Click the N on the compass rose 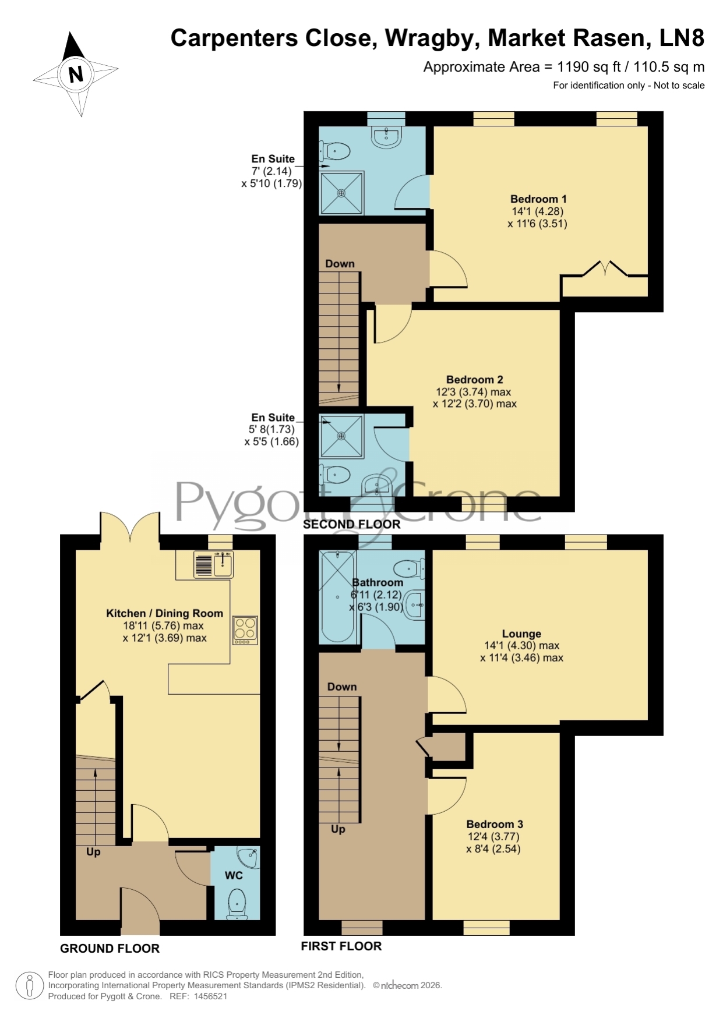tap(76, 75)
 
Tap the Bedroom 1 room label tap(538, 199)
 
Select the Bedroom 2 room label tap(475, 380)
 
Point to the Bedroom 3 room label tap(495, 824)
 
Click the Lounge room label tap(521, 634)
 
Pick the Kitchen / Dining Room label tap(164, 613)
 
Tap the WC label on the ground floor tap(234, 875)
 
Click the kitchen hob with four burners tap(245, 630)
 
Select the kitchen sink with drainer tap(213, 564)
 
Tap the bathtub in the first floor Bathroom tap(337, 596)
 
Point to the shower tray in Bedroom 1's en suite tap(341, 193)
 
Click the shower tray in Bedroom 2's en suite tap(341, 436)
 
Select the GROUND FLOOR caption tap(110, 949)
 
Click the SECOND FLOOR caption tap(352, 524)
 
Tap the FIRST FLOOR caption tap(341, 946)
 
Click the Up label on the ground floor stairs tap(93, 852)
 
